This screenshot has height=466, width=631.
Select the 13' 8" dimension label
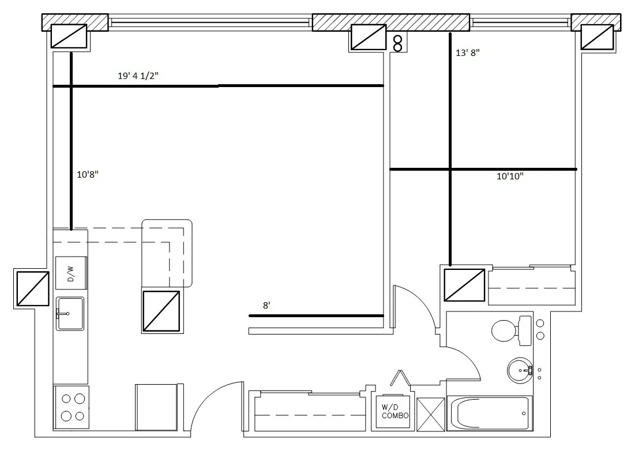pyautogui.click(x=467, y=52)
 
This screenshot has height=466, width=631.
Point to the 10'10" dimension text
pyautogui.click(x=510, y=177)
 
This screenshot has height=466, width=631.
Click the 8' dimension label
pyautogui.click(x=266, y=306)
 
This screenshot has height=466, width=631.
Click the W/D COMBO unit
pyautogui.click(x=395, y=412)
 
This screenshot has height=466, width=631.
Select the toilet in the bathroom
pyautogui.click(x=510, y=330)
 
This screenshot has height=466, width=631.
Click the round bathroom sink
pyautogui.click(x=520, y=370)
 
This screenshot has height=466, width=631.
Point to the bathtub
pyautogui.click(x=490, y=413)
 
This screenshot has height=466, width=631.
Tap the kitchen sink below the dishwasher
pyautogui.click(x=70, y=313)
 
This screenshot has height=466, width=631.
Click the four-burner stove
pyautogui.click(x=71, y=408)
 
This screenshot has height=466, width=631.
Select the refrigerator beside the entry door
pyautogui.click(x=156, y=407)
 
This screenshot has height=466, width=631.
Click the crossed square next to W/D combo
pyautogui.click(x=431, y=413)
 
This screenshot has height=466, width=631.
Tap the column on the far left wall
pyautogui.click(x=32, y=288)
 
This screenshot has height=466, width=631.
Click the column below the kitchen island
pyautogui.click(x=161, y=311)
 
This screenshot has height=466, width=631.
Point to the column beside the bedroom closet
pyautogui.click(x=464, y=285)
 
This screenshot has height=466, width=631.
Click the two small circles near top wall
pyautogui.click(x=398, y=43)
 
